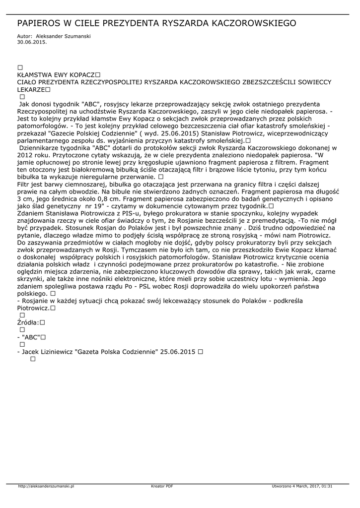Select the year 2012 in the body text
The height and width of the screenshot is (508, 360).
tap(25, 155)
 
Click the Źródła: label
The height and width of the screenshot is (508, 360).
tap(28, 322)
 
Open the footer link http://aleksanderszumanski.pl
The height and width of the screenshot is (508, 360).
tap(46, 486)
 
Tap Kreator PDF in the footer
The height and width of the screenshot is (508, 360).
tap(162, 486)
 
